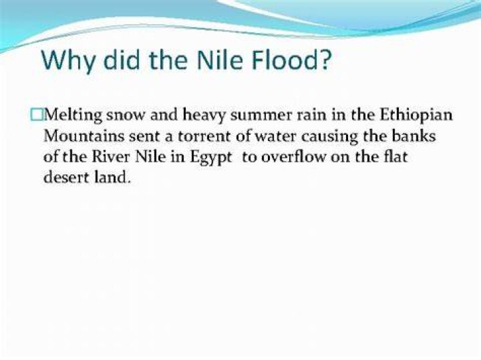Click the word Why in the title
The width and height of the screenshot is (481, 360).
coord(68,60)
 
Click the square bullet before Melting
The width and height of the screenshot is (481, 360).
coord(37,115)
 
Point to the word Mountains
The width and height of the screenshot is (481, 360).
coord(84,136)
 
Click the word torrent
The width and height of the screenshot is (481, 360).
coord(204,136)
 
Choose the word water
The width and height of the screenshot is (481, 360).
coord(275,136)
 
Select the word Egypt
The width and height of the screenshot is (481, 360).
coord(211,158)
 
